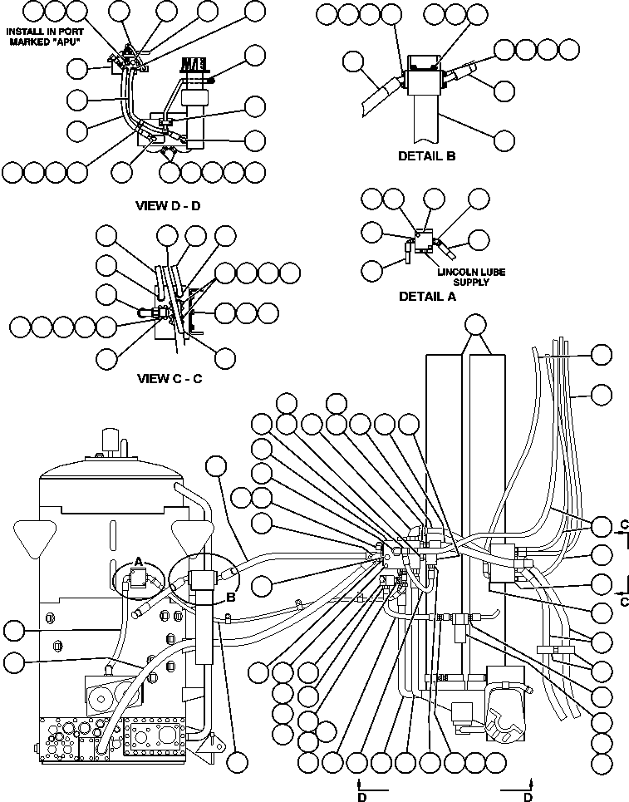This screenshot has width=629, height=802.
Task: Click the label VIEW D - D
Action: coord(168,205)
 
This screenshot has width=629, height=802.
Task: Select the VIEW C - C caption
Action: coord(170,378)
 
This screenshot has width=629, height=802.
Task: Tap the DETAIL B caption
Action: coord(427,155)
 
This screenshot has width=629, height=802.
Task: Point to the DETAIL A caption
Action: coord(427,296)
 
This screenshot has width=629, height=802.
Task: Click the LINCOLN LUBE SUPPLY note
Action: coord(472,277)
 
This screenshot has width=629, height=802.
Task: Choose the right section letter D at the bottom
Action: coord(528,795)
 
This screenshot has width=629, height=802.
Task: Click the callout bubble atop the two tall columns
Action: coord(475,325)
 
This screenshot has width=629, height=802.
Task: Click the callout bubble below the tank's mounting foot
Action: coord(238,762)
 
